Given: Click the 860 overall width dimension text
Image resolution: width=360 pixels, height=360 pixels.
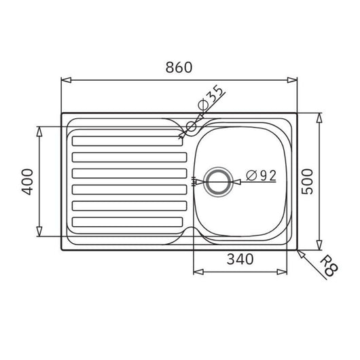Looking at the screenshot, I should [x=179, y=68].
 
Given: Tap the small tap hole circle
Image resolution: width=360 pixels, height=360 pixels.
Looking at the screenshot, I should [x=190, y=126].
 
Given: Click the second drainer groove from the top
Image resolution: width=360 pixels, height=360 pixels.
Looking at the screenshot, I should [x=127, y=158].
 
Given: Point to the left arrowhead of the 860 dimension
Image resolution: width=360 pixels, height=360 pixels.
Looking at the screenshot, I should [x=65, y=80].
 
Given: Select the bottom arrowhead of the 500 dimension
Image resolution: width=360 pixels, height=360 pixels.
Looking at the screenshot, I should [x=319, y=246].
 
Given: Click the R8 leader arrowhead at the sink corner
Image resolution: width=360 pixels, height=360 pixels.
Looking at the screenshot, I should [x=301, y=251].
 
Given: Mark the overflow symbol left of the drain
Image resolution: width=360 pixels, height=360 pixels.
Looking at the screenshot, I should [x=195, y=181].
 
